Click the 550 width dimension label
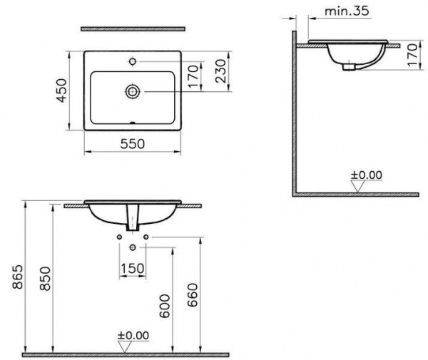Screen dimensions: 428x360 point(133,144)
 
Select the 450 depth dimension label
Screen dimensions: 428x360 point(62,91)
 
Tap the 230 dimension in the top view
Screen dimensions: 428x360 point(220,71)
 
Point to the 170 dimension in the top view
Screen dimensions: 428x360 point(193,76)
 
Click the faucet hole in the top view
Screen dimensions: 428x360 point(133,61)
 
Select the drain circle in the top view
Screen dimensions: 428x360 point(133,91)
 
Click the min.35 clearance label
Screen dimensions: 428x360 point(347,11)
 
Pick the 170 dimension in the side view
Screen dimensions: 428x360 point(413,55)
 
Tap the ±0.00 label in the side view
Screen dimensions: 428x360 point(367,175)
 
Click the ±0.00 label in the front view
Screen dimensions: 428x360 point(133,335)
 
